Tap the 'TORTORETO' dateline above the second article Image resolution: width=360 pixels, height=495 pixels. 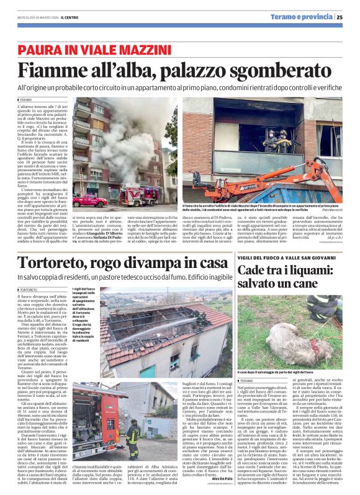point(29,290)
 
